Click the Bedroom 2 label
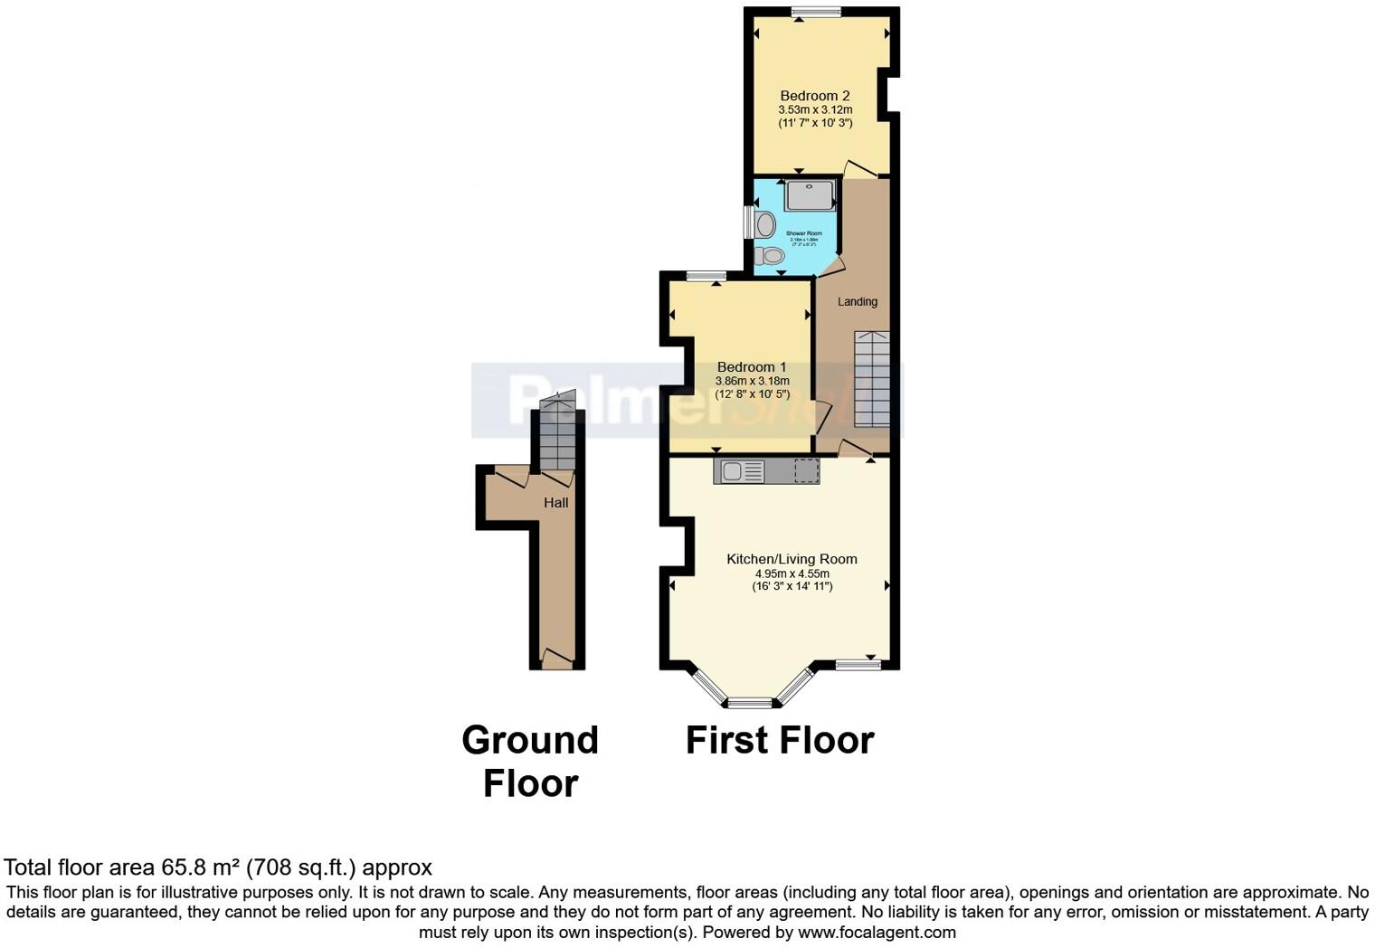[x=814, y=96]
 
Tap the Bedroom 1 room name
[x=751, y=367]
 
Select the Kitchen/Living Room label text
[x=792, y=559]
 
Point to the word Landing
[x=857, y=302]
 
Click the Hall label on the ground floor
[x=555, y=503]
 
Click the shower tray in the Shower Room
[x=810, y=195]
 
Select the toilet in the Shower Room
[x=771, y=256]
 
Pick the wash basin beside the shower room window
[x=765, y=223]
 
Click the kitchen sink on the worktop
[x=731, y=471]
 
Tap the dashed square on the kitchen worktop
[x=806, y=471]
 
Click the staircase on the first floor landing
[x=872, y=380]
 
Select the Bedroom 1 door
[x=822, y=418]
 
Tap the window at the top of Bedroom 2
[x=815, y=12]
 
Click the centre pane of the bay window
[x=751, y=703]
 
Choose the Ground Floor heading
[x=530, y=762]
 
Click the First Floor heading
[x=779, y=740]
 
